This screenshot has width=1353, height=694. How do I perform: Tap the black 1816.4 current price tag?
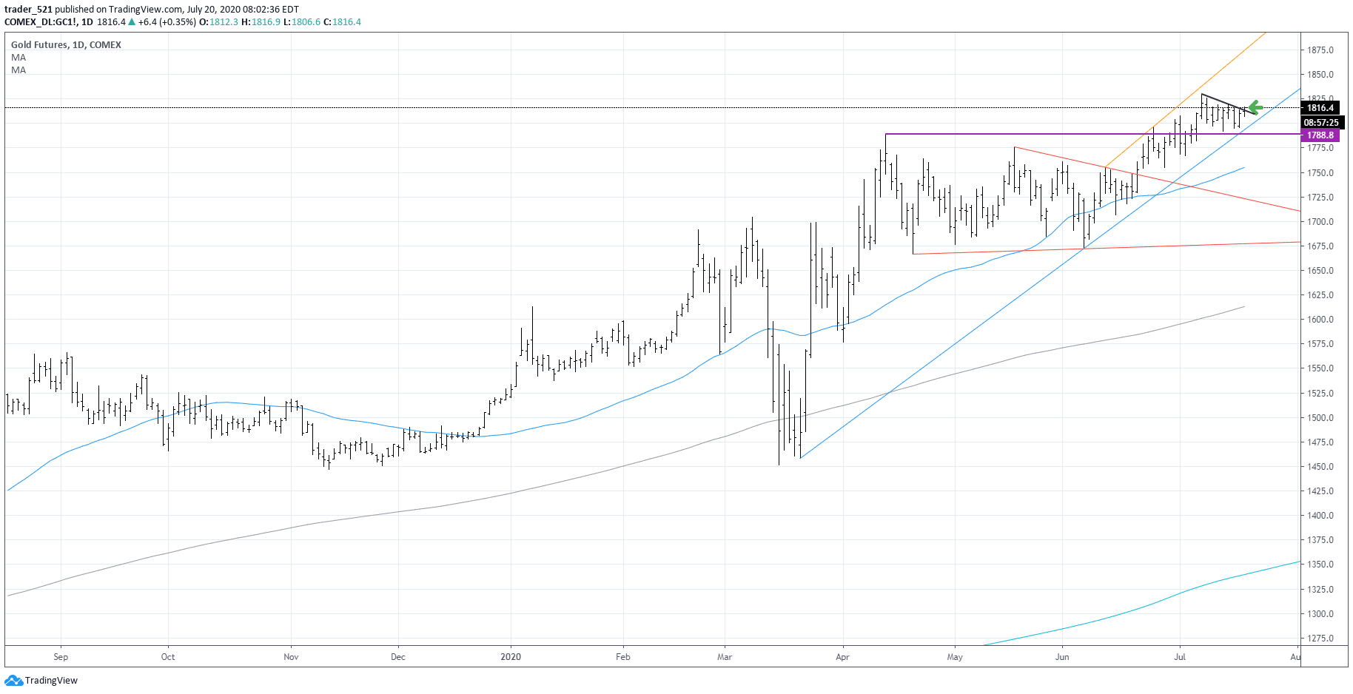(1320, 108)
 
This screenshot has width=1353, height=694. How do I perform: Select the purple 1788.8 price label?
(1320, 135)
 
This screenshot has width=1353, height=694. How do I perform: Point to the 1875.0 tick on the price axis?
(1320, 50)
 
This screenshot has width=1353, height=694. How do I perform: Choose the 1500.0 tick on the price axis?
(1320, 418)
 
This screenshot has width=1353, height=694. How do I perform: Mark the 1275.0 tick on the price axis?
(1320, 639)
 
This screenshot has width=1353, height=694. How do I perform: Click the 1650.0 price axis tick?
(1320, 271)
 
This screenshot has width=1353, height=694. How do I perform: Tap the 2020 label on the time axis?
(511, 657)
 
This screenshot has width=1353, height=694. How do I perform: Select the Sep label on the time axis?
(61, 657)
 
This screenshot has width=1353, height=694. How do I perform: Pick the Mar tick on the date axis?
(725, 657)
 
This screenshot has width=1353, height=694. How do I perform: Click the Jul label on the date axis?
(1180, 657)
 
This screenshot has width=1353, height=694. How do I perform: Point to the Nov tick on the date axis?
(291, 657)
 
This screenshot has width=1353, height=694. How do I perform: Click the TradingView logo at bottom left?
(41, 681)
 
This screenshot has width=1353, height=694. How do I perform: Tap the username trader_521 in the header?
(28, 10)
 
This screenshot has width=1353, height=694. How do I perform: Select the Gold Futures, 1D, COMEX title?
(66, 45)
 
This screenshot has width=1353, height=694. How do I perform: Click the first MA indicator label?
(19, 58)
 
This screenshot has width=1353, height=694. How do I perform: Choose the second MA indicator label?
(19, 70)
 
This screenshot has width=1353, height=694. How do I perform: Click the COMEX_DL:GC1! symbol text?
(40, 22)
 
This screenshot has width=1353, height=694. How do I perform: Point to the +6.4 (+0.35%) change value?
(167, 22)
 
